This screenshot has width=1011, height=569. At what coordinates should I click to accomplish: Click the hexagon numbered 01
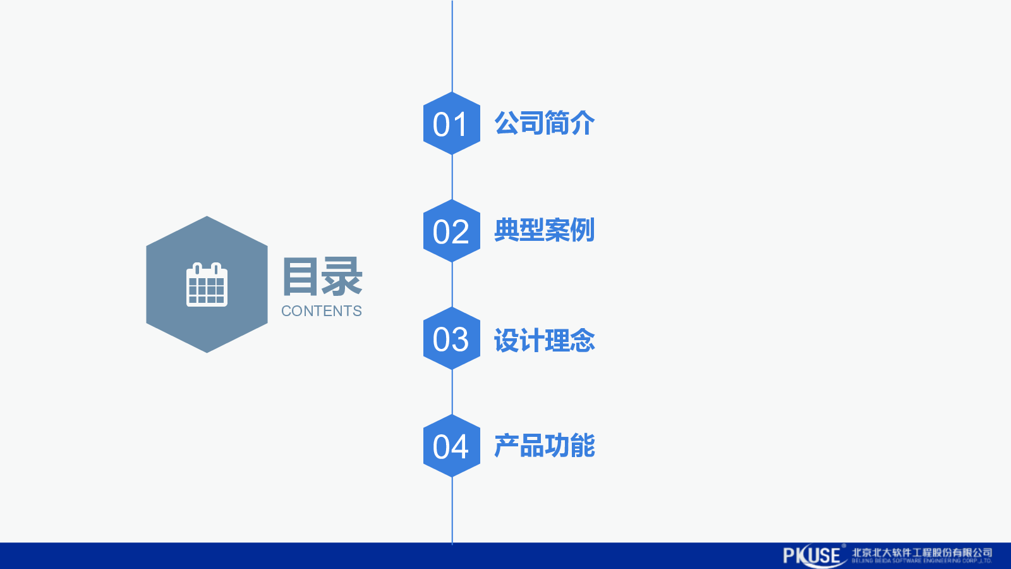tap(451, 123)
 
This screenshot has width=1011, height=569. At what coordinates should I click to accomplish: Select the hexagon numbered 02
tap(451, 231)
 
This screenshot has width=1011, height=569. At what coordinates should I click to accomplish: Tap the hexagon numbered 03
tap(451, 338)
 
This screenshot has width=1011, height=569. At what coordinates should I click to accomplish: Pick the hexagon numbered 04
tap(451, 446)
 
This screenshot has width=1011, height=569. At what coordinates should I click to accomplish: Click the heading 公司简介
tap(544, 123)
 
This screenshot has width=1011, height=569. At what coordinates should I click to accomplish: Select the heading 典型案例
tap(544, 230)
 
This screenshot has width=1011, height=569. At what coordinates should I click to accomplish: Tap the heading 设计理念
tap(544, 341)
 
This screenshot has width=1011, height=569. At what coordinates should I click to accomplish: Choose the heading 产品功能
tap(544, 446)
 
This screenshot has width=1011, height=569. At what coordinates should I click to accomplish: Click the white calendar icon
tap(207, 285)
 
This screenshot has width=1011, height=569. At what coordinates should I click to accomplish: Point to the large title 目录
tap(322, 277)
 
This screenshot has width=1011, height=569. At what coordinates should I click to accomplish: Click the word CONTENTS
tap(322, 311)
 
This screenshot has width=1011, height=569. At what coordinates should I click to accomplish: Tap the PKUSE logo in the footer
tap(813, 556)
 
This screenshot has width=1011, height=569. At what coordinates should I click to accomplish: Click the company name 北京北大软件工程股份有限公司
tap(922, 552)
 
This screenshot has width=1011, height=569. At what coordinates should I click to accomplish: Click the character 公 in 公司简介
tap(507, 123)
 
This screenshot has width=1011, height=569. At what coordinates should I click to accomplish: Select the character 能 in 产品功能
tap(582, 446)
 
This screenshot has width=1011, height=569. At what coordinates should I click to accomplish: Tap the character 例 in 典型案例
tap(582, 230)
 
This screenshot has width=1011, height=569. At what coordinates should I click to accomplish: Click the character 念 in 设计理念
tap(582, 341)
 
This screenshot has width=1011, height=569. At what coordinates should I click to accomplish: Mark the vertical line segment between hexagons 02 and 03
tap(452, 284)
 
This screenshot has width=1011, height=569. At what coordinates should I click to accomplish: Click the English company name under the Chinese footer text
tap(922, 561)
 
